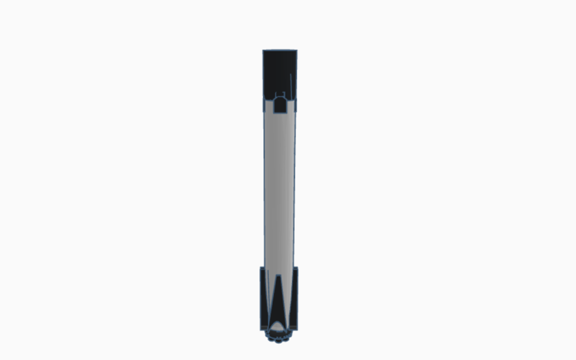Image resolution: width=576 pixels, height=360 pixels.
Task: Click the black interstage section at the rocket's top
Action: (280, 70)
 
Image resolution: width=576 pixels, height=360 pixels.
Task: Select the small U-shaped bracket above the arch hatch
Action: (283, 93)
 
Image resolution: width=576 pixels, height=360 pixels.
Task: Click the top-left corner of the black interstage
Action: (263, 51)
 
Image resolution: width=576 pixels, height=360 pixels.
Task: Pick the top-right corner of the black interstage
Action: (296, 51)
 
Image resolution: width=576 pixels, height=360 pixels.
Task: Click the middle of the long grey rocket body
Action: (280, 186)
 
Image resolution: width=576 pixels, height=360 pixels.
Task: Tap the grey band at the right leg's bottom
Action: (295, 327)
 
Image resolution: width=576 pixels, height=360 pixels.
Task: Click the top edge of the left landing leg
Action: (263, 268)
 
